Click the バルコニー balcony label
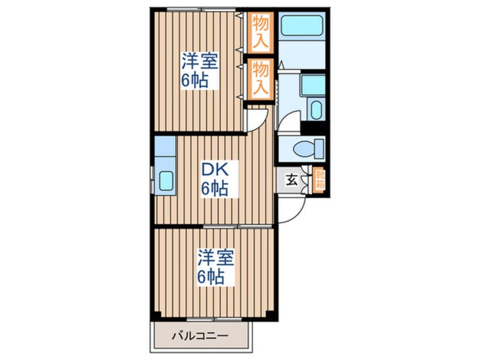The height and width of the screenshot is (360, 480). (x=200, y=336)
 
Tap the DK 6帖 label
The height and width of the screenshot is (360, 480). (x=214, y=179)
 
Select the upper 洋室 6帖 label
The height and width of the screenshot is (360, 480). (x=200, y=70)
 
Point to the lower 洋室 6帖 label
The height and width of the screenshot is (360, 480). (x=216, y=267)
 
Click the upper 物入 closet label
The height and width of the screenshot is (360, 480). (x=260, y=32)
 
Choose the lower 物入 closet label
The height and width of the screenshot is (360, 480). (x=260, y=78)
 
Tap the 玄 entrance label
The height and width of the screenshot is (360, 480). (x=292, y=180)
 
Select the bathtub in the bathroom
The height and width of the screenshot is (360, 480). (x=301, y=25)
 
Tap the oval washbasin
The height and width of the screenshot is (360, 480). (x=317, y=110)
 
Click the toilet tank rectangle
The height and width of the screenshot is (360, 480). (x=319, y=149)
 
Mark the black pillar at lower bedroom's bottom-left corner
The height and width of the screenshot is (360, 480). (x=157, y=314)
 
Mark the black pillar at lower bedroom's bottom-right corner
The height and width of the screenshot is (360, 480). (x=270, y=314)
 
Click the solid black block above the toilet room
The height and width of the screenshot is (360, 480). (x=313, y=127)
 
